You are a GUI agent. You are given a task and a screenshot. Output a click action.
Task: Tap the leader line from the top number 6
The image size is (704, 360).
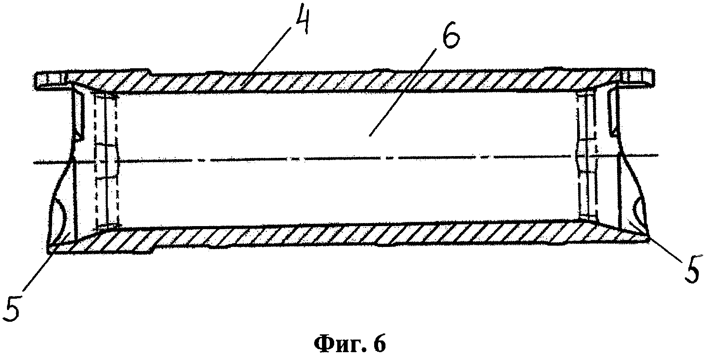point(400,96)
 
